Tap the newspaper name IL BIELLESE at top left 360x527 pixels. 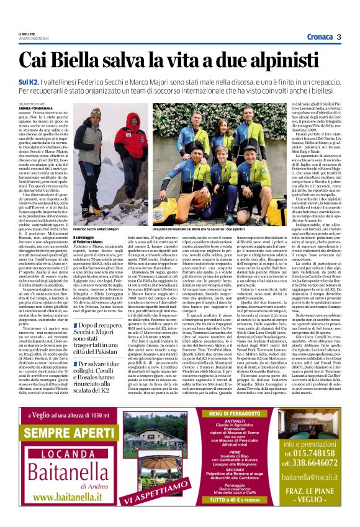pos(27,34)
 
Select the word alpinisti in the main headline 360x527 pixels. pos(298,60)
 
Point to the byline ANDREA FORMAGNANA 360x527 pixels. pos(37,108)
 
